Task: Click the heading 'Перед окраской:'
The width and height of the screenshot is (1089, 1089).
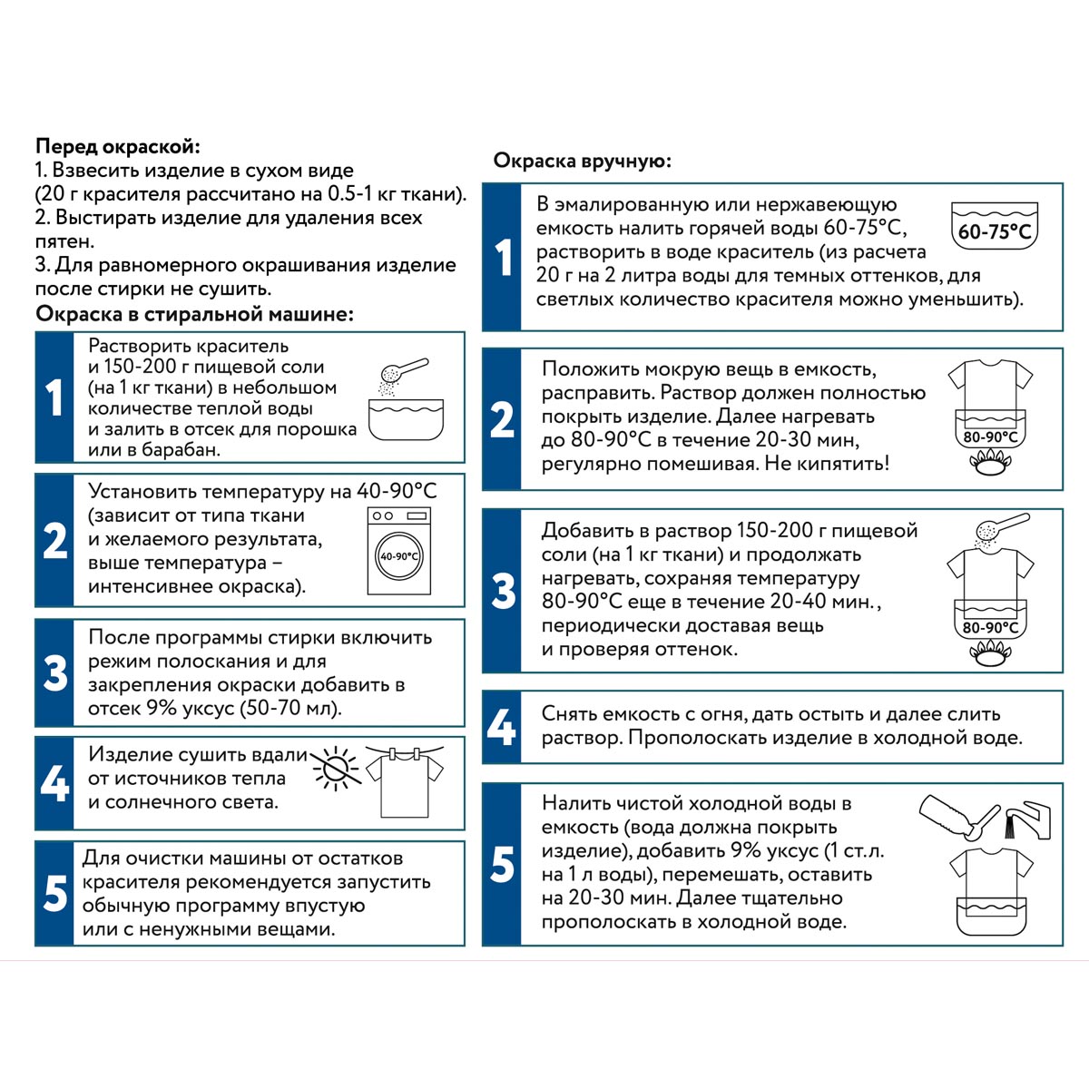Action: pyautogui.click(x=118, y=147)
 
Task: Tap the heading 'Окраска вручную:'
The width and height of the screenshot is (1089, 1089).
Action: pyautogui.click(x=582, y=161)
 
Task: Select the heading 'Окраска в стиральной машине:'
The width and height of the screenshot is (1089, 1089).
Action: pyautogui.click(x=195, y=314)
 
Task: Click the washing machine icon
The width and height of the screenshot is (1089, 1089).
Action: pyautogui.click(x=399, y=551)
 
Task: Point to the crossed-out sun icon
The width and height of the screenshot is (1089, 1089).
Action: pyautogui.click(x=337, y=770)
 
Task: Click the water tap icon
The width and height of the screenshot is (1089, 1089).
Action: pyautogui.click(x=1027, y=820)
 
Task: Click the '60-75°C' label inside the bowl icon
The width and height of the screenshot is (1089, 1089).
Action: pyautogui.click(x=995, y=231)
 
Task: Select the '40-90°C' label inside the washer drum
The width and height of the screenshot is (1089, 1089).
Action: pyautogui.click(x=399, y=556)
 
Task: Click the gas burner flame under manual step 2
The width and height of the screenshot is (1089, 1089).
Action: pyautogui.click(x=990, y=463)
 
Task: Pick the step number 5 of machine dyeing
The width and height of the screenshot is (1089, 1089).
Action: pyautogui.click(x=54, y=894)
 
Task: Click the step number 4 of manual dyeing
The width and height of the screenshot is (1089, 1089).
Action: pyautogui.click(x=501, y=727)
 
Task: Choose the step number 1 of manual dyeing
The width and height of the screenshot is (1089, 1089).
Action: pyautogui.click(x=503, y=257)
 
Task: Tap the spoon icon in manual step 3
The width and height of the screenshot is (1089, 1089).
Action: pyautogui.click(x=1003, y=527)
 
